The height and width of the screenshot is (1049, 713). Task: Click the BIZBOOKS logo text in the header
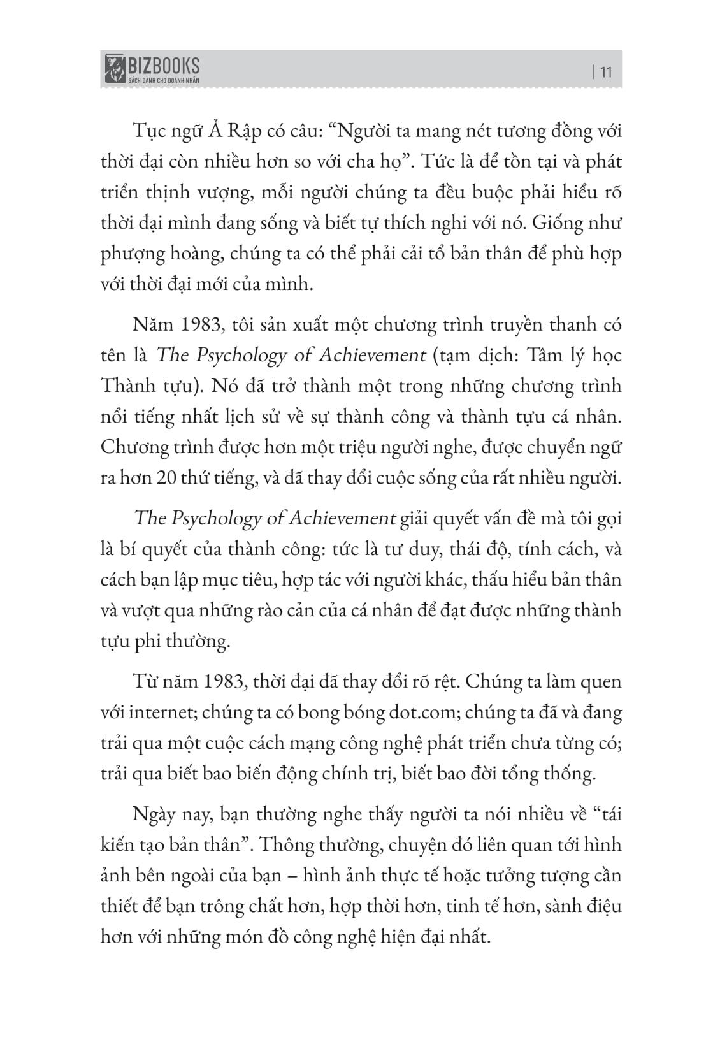pos(163,64)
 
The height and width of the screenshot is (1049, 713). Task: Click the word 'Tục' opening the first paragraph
pos(148,132)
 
